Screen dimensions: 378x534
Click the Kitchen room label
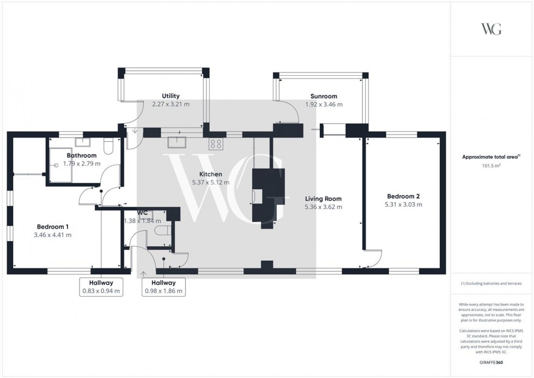[x=211, y=175]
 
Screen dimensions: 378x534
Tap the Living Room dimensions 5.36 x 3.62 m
[x=323, y=207]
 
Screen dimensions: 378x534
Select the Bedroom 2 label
[x=403, y=196]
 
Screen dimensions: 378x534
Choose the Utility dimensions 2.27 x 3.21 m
[x=171, y=104]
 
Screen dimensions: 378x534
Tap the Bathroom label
[x=82, y=155]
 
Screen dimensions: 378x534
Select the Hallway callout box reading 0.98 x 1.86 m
[x=163, y=287]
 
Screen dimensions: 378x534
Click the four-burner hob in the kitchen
[x=216, y=144]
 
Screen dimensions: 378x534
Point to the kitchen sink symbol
[x=177, y=142]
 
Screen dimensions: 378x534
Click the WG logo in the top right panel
[x=491, y=29]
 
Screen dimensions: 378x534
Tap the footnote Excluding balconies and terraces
[x=491, y=284]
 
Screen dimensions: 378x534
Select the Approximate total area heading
[x=491, y=157]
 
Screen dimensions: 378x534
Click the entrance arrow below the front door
[x=143, y=274]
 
